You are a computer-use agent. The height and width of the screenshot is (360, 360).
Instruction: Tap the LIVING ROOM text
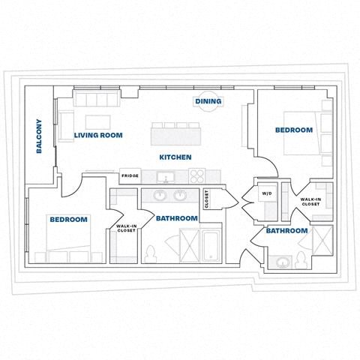98,136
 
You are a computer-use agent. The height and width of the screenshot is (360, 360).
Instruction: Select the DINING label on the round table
208,101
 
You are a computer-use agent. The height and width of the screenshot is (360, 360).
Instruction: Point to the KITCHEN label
175,157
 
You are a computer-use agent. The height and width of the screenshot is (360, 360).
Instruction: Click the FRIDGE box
130,177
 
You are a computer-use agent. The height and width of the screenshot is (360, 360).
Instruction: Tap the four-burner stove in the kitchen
197,176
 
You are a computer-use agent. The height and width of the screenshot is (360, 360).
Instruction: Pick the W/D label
266,193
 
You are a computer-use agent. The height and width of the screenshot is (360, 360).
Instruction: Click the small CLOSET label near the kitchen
207,199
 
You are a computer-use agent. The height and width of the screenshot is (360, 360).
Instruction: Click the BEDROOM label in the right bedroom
293,130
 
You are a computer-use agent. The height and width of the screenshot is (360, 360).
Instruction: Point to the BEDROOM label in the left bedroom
68,220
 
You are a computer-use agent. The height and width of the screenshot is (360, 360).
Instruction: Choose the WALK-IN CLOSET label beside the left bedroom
125,228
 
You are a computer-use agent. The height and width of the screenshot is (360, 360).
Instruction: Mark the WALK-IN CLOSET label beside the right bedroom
310,201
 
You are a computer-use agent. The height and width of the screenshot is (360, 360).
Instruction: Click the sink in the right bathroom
283,262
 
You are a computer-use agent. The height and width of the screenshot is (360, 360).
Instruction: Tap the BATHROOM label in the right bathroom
286,231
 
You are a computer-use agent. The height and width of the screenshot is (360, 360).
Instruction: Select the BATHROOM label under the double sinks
177,218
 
